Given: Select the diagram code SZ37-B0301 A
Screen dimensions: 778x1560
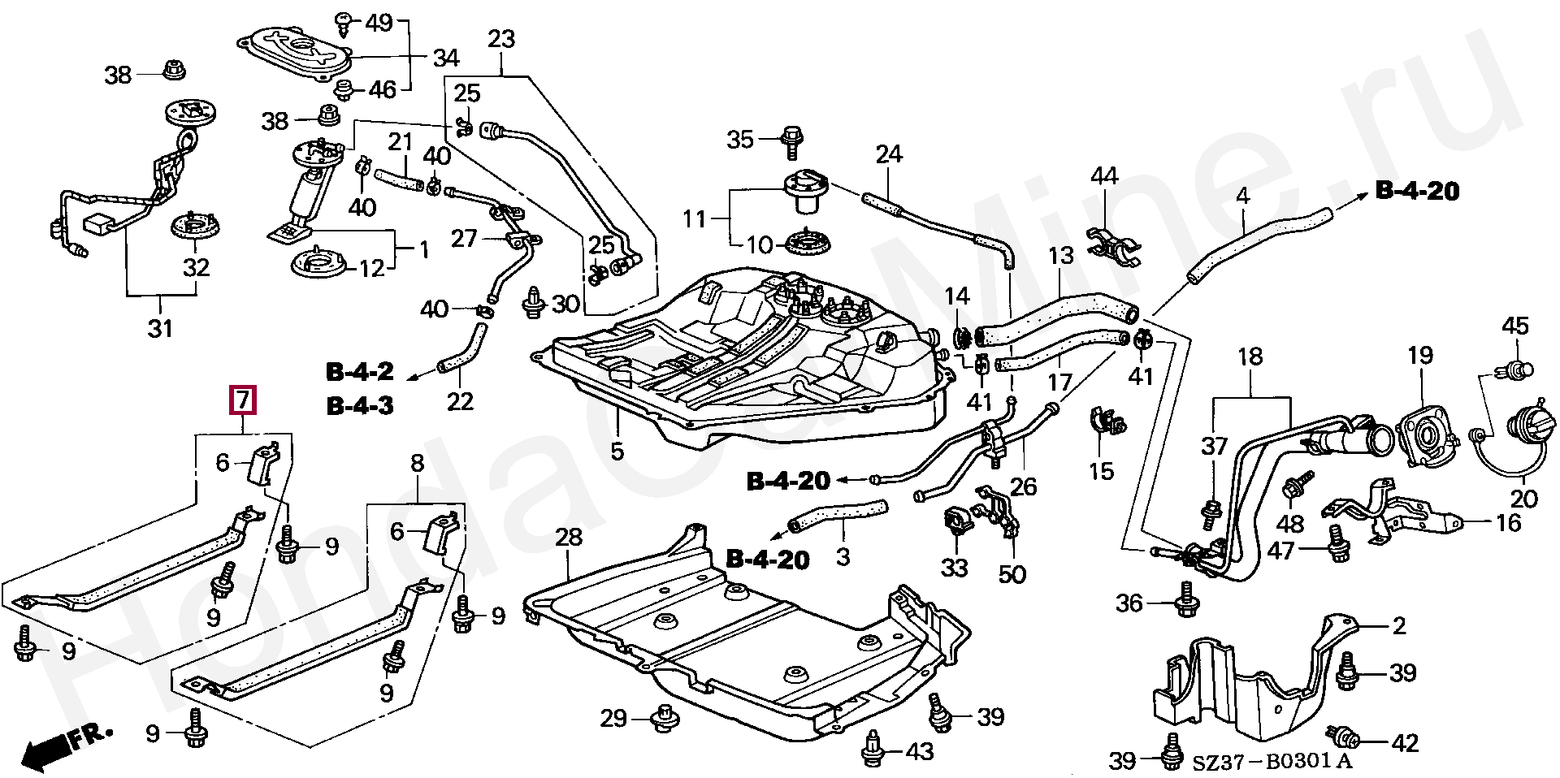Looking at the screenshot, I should point(1272,761).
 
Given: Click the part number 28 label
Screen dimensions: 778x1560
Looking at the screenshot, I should point(569,537).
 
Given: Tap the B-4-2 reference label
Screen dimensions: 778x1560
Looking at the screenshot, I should point(360,373).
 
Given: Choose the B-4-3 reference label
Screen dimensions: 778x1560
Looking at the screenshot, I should point(360,405).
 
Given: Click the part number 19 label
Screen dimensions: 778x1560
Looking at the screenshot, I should point(1420,355).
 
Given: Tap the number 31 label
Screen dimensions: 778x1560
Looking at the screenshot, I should point(160,328).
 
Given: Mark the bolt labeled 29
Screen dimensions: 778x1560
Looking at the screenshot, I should point(666,718).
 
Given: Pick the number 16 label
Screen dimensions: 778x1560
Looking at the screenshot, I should point(1508,522).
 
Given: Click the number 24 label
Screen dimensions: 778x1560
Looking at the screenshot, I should point(889,153).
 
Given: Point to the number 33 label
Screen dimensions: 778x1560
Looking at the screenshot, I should point(954,567).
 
